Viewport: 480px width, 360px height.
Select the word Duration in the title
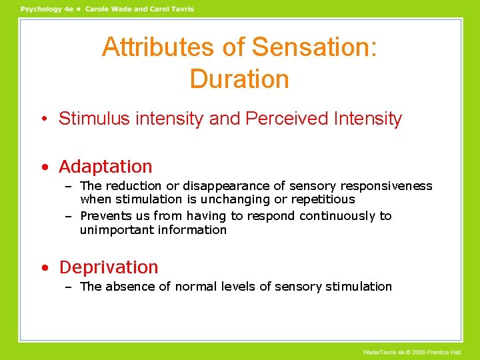[x=239, y=79]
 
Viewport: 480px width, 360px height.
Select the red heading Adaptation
[x=105, y=167]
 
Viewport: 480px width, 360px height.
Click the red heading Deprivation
[x=109, y=267]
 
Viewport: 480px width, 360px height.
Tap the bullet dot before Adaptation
[x=43, y=167]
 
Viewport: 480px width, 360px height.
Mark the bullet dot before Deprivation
[x=43, y=268]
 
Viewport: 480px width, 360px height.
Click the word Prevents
[x=105, y=216]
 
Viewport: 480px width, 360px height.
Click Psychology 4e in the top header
[x=45, y=9]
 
